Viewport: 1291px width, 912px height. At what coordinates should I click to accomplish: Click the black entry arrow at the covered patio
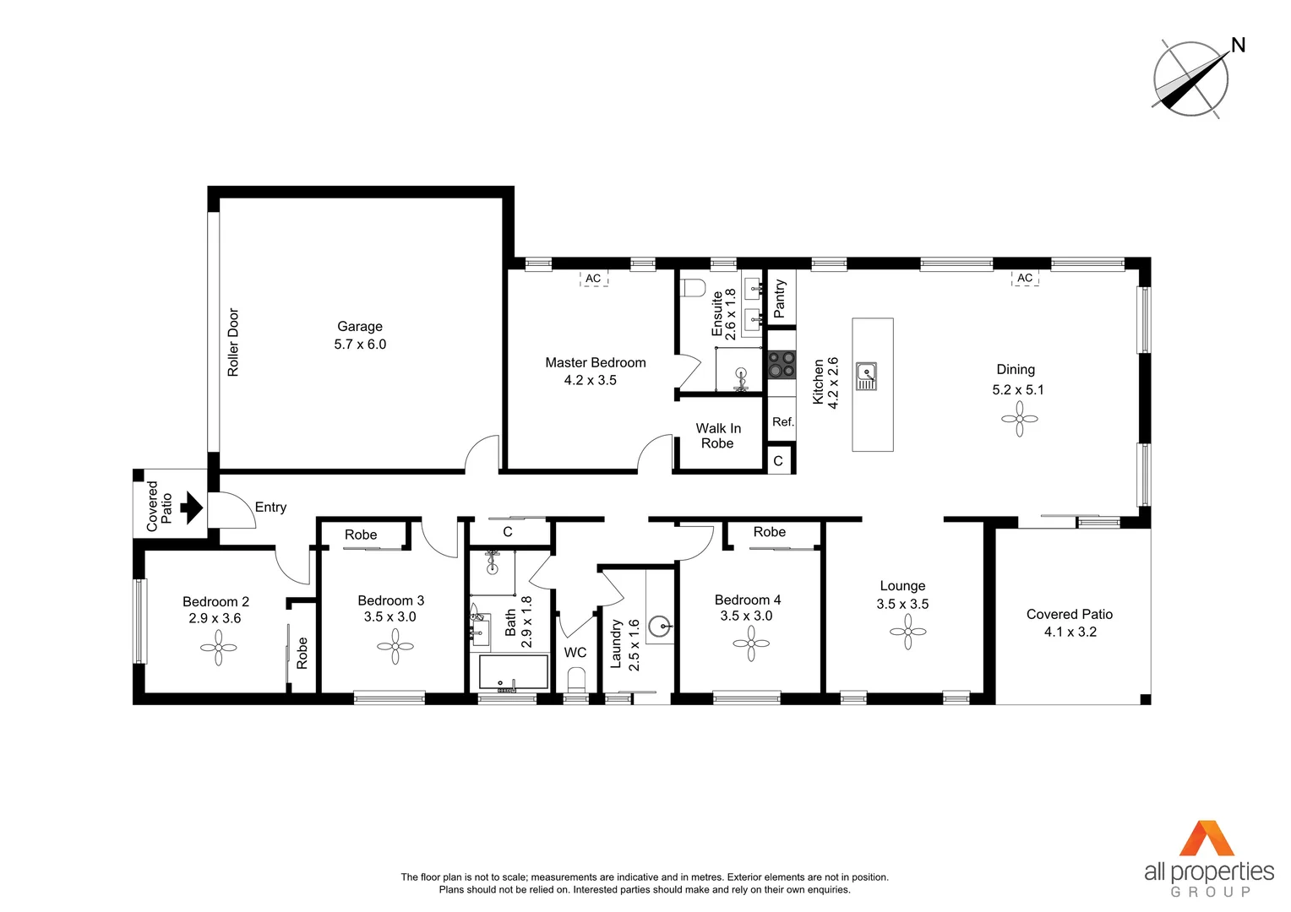pos(193,508)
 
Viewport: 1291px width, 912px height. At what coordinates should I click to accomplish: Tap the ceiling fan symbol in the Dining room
pos(1020,419)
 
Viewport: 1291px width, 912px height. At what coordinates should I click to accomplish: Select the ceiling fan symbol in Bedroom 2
pos(219,648)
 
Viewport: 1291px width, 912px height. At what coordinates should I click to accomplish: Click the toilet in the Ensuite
pos(693,288)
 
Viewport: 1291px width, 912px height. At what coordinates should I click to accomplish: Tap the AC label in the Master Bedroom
pos(593,279)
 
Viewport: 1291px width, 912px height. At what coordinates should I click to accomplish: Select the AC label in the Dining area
pos(1025,278)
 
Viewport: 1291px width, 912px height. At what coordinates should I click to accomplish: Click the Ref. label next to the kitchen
pos(782,422)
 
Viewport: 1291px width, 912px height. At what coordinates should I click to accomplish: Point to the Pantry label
pos(780,299)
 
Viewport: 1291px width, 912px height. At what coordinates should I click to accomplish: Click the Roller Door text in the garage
pos(233,342)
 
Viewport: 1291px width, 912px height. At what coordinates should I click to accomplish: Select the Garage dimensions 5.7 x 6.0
pos(360,345)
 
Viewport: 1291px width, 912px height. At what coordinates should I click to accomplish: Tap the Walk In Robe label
pos(718,436)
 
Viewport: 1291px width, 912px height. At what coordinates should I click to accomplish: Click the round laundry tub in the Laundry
pos(659,627)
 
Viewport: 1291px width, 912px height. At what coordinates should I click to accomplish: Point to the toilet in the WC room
pos(576,680)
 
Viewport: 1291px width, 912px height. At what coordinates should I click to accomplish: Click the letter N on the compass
pos(1238,46)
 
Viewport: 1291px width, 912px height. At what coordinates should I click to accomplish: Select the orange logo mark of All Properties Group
pos(1208,839)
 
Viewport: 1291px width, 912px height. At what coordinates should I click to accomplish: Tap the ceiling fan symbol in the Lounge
pos(908,632)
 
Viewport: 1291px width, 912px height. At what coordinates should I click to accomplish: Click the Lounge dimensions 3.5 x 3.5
pos(902,604)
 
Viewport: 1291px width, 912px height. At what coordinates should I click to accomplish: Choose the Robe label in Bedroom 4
pos(769,532)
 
